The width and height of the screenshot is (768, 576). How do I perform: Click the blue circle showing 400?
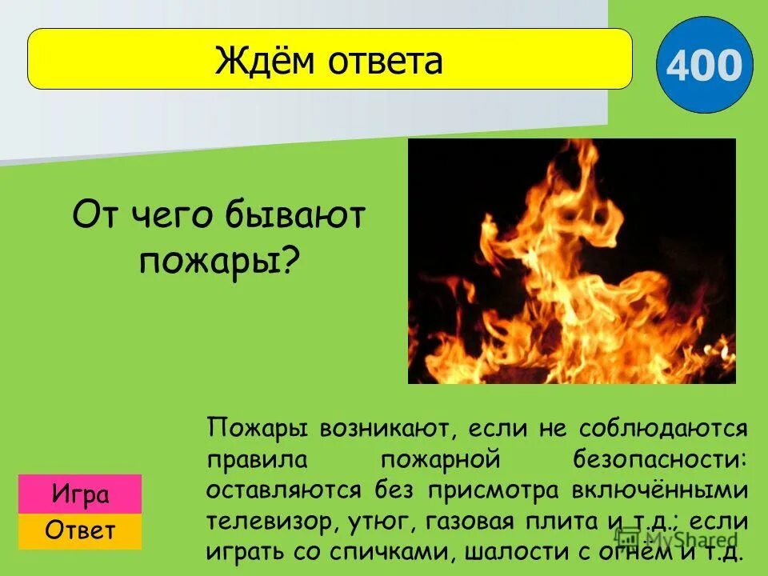(704, 66)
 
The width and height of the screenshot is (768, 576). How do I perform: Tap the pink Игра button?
(80, 494)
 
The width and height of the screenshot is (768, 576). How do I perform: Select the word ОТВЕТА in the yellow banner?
(383, 61)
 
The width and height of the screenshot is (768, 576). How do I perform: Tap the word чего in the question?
(167, 214)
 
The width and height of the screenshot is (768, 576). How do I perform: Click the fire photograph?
(571, 261)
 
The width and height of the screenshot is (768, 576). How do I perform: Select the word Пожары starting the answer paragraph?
(258, 428)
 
